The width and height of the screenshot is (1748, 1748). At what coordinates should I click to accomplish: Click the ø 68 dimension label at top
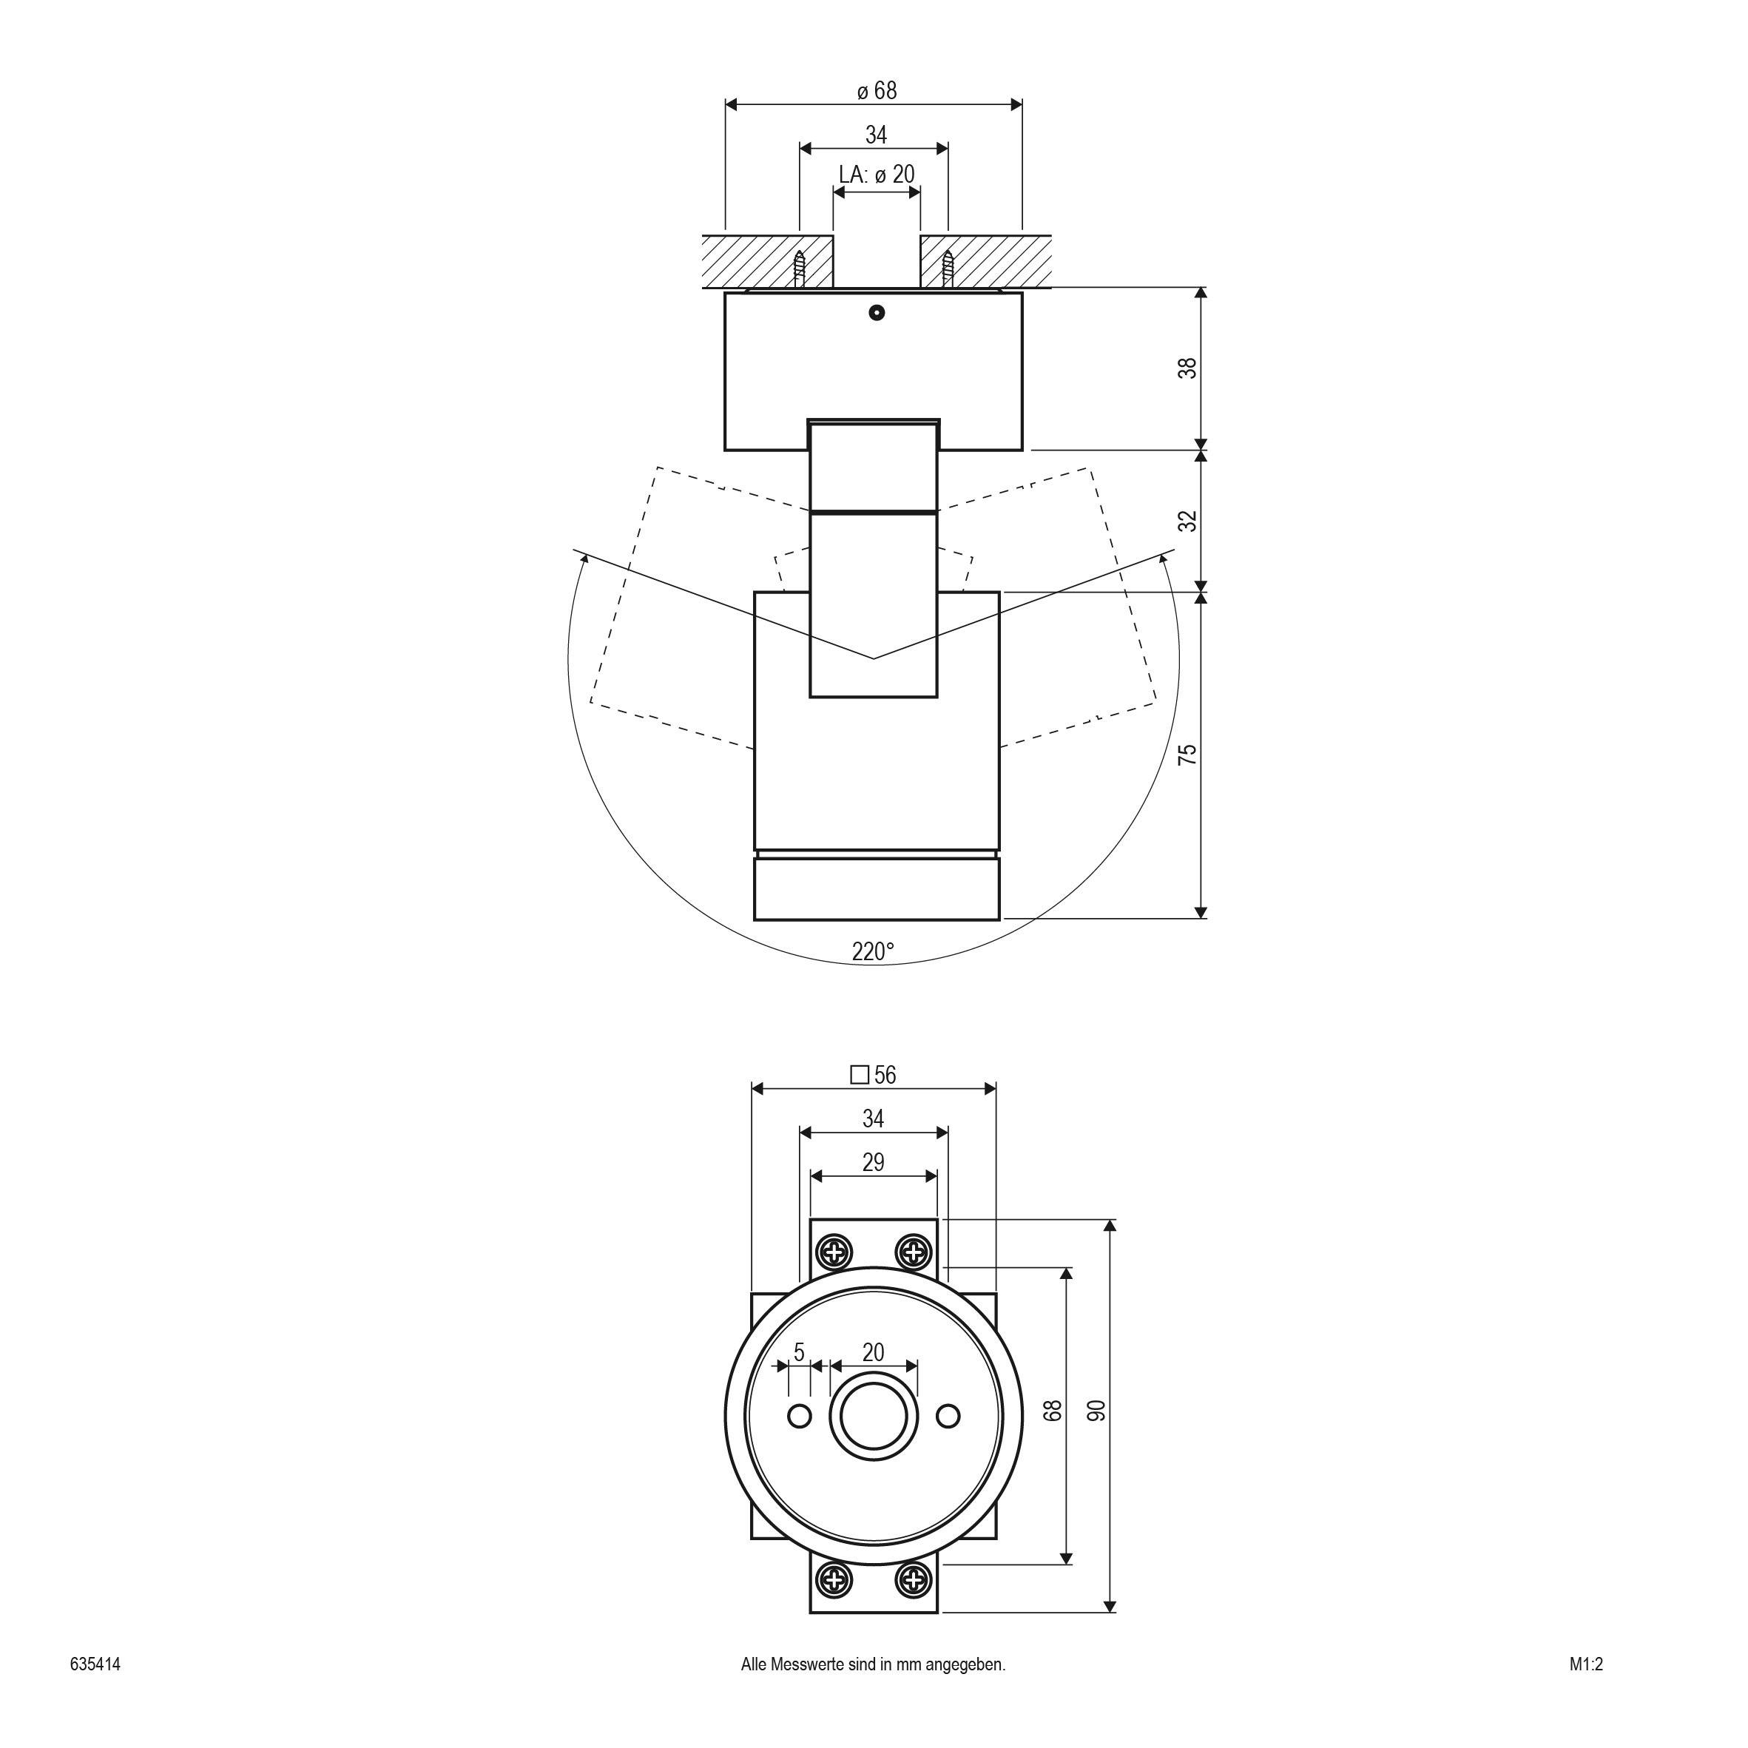(876, 92)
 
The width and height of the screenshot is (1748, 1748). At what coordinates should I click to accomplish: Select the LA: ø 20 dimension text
(876, 175)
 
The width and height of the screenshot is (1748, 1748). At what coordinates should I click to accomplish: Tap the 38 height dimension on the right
(1187, 368)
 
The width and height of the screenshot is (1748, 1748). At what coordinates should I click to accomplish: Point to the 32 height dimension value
(1187, 521)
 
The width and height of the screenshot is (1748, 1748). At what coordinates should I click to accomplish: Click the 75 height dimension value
(1187, 755)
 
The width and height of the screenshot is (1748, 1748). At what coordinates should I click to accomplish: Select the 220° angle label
(872, 952)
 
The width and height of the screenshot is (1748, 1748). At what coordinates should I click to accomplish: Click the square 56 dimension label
(873, 1075)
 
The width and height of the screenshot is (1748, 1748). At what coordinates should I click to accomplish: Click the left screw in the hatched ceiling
(800, 269)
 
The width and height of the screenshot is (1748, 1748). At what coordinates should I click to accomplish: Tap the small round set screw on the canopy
(875, 313)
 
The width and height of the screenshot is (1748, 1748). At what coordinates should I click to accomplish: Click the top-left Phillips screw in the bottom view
(833, 1253)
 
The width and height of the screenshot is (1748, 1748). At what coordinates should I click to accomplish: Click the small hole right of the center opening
(948, 1416)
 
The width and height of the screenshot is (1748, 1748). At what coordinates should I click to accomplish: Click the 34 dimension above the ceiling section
(876, 135)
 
